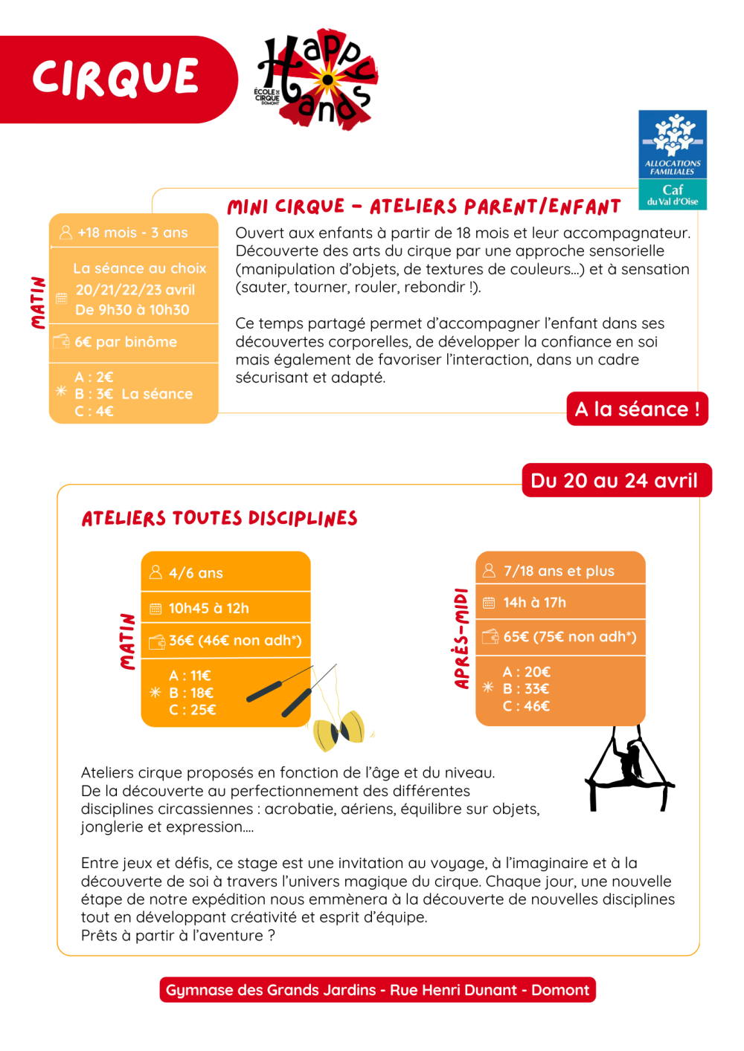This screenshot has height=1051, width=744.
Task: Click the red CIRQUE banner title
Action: click(115, 78)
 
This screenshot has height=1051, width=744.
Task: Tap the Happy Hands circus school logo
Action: click(316, 79)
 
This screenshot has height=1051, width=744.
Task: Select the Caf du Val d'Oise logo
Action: click(673, 160)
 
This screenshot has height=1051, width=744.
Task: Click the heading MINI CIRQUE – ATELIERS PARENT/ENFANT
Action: click(424, 207)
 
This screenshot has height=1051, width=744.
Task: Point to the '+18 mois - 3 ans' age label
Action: click(132, 233)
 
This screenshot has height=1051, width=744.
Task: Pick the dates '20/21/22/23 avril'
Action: click(135, 290)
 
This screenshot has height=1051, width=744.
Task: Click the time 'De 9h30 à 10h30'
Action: click(132, 310)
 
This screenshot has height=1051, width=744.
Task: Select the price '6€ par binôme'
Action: click(126, 342)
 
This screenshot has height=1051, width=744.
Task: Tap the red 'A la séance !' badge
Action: click(637, 409)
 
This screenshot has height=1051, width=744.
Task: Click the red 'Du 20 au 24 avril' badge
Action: click(615, 480)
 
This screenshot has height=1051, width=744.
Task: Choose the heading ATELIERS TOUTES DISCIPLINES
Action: click(219, 518)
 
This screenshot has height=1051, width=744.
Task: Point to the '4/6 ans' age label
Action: click(196, 573)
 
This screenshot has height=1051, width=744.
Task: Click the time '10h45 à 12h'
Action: click(208, 608)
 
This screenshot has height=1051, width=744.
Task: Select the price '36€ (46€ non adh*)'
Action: click(234, 641)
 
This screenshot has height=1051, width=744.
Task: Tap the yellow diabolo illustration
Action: click(339, 730)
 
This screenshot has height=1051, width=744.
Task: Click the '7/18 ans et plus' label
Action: click(559, 571)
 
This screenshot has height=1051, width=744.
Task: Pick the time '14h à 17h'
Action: click(534, 603)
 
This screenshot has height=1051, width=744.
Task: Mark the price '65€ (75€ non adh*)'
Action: click(569, 637)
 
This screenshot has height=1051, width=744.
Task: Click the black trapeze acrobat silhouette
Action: click(629, 769)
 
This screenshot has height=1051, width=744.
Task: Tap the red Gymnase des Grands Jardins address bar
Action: click(377, 990)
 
